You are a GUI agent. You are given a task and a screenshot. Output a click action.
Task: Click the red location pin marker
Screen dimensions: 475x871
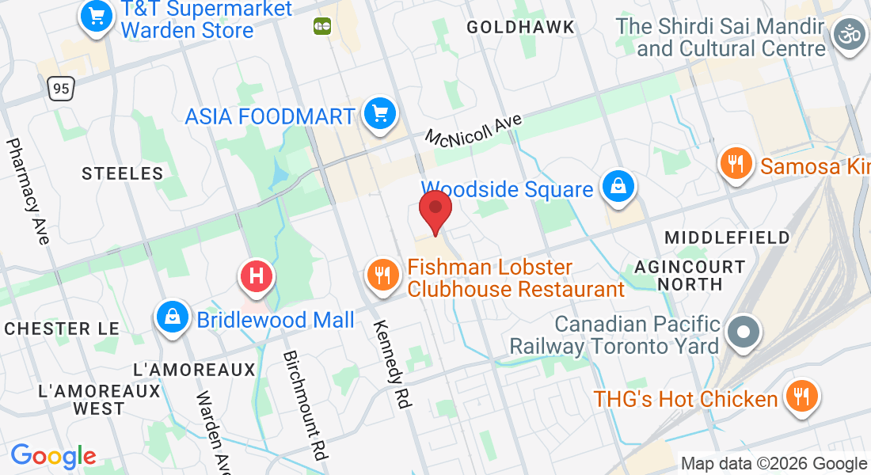[435, 210]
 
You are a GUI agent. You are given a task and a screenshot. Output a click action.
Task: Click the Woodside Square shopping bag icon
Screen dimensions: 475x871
[615, 188]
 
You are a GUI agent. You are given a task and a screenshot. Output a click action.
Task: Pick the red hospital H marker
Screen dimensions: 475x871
[257, 277]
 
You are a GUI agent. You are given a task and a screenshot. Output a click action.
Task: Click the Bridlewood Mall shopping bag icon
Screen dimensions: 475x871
[172, 318]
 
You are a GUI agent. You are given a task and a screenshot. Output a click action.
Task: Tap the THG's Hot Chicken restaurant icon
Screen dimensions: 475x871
[801, 397]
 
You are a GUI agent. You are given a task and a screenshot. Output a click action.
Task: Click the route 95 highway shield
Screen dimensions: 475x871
[61, 87]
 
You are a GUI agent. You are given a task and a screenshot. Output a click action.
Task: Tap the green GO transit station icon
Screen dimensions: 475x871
[321, 26]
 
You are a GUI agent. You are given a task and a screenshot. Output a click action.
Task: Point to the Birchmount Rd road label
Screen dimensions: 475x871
[305, 405]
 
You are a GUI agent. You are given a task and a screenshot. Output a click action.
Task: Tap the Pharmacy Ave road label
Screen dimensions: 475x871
[29, 191]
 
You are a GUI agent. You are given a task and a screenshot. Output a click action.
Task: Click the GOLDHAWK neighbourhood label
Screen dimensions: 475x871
[520, 28]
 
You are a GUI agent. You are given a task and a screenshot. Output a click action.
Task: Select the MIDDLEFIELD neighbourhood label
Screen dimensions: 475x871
[727, 237]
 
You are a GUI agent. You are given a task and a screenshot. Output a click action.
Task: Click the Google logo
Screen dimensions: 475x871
[53, 455]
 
